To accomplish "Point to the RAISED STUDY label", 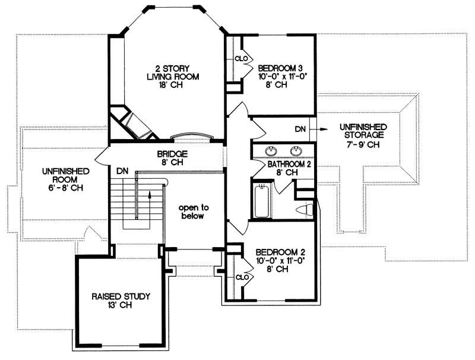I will (121, 296).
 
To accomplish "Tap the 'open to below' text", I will (192, 211).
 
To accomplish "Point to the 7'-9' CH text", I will (363, 146).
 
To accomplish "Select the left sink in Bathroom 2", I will (271, 150).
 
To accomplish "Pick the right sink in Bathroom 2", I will (295, 150).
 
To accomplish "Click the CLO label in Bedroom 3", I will (241, 59).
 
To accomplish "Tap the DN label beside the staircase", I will (122, 170).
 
